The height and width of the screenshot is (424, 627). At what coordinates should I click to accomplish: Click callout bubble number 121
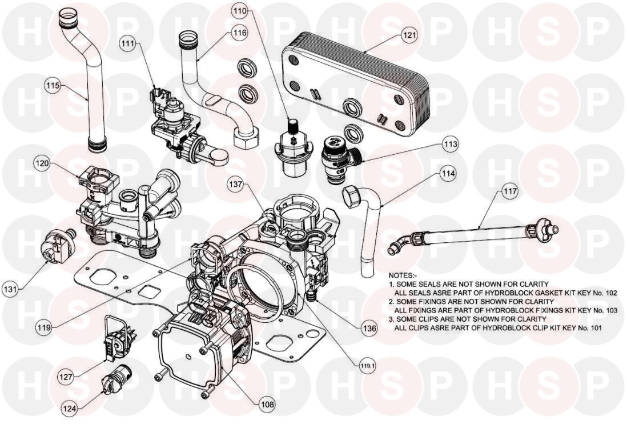[x=409, y=35]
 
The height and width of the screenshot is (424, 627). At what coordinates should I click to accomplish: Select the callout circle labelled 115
[x=53, y=86]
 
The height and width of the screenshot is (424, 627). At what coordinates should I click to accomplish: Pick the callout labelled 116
[x=240, y=32]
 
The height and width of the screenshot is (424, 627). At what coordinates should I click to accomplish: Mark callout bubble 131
[x=10, y=288]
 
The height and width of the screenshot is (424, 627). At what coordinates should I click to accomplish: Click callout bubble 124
[x=70, y=409]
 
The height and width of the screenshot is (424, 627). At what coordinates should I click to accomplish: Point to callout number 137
[x=236, y=185]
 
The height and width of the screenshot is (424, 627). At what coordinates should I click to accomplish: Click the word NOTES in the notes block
[x=403, y=275]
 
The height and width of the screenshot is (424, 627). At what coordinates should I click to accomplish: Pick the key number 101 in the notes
[x=596, y=328]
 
